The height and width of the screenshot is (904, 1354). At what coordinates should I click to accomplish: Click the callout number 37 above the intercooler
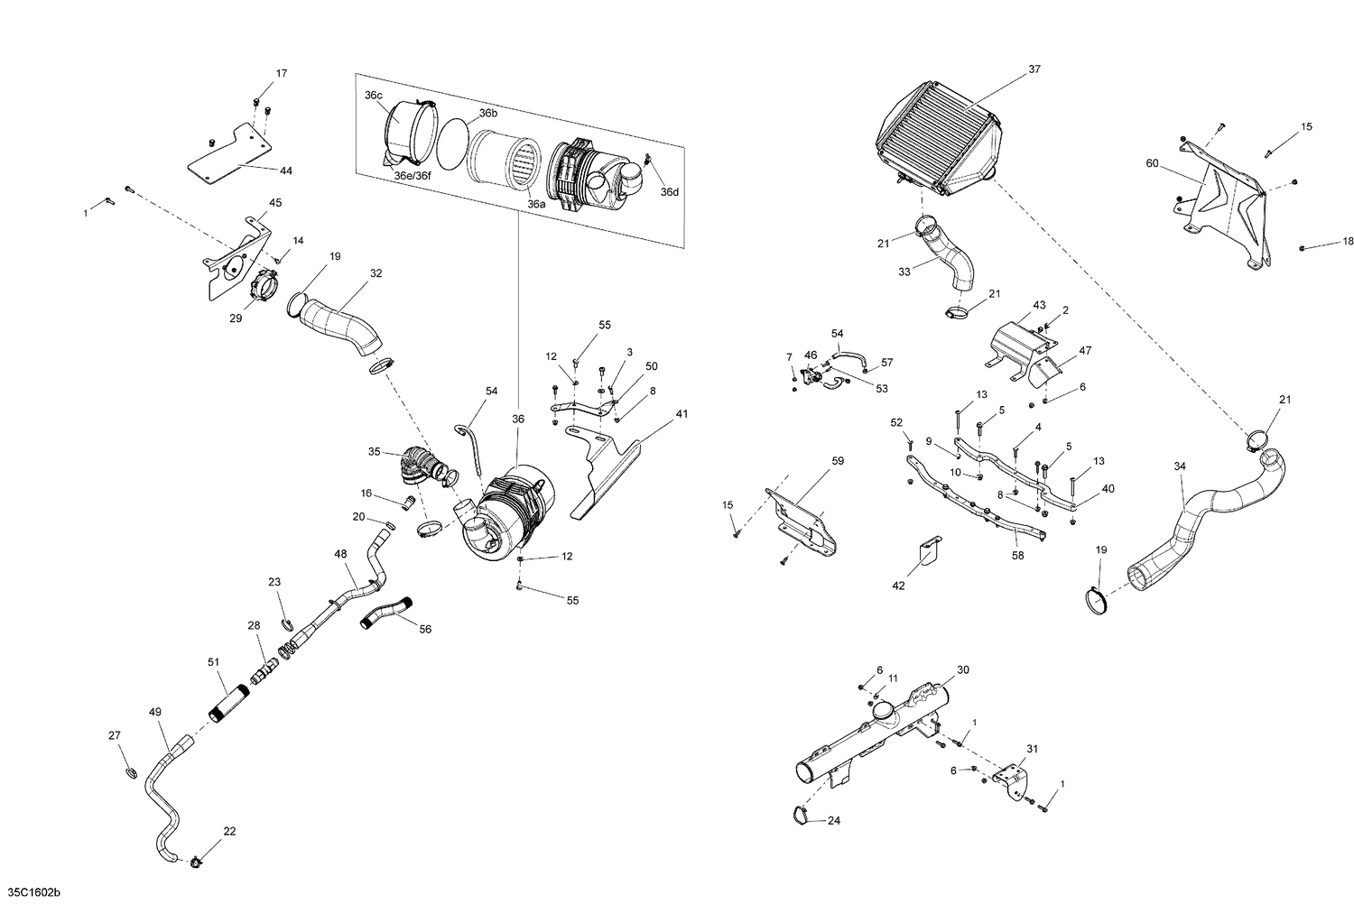click(x=1034, y=69)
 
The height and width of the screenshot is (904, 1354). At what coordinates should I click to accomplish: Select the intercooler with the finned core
click(x=940, y=135)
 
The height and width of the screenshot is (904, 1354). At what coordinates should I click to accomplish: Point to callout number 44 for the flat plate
click(x=286, y=171)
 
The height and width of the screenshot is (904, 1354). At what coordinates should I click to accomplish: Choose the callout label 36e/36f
click(x=413, y=176)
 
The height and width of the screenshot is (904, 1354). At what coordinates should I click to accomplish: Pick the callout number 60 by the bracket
click(x=1152, y=163)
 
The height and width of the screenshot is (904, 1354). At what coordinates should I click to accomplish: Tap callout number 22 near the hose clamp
click(x=229, y=831)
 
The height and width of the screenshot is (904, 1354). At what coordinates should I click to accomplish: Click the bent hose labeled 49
click(x=162, y=794)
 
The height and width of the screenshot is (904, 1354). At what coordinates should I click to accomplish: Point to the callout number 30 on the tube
click(x=963, y=670)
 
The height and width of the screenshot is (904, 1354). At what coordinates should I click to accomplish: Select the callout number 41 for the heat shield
click(x=682, y=414)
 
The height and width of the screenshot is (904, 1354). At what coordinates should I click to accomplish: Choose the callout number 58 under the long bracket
click(x=1017, y=557)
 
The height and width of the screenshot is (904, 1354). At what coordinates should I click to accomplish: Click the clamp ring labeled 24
click(x=799, y=815)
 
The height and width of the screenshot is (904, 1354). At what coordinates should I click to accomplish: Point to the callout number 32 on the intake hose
click(x=376, y=273)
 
